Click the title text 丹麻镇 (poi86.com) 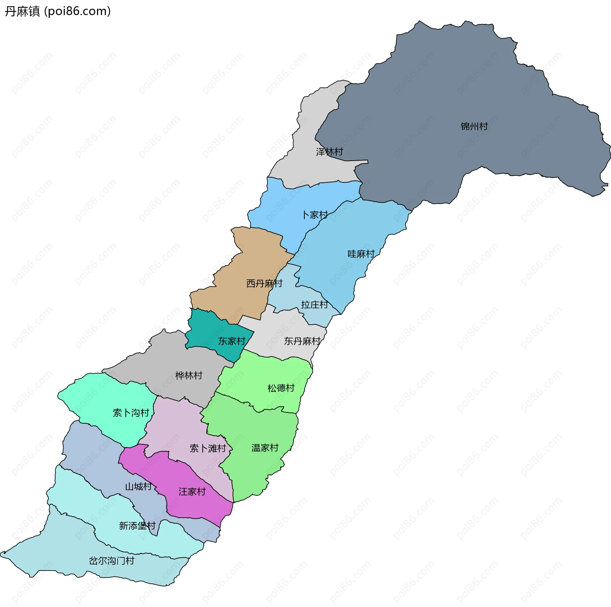click(58, 11)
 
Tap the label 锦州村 click(474, 127)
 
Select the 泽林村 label click(329, 152)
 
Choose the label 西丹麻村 click(264, 283)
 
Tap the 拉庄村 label click(314, 305)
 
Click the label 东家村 click(231, 341)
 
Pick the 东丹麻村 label click(302, 341)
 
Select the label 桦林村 click(189, 376)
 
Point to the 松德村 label click(281, 388)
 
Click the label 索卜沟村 click(131, 413)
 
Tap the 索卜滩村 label click(207, 448)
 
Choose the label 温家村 click(265, 448)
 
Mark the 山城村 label click(138, 486)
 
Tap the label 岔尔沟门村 click(111, 561)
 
